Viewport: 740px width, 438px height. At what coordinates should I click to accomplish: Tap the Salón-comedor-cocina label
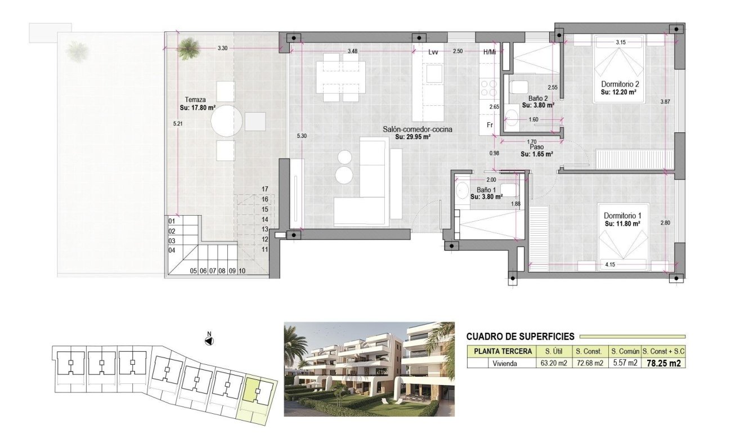tap(418, 129)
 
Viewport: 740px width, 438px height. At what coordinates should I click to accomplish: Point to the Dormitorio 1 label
tap(623, 216)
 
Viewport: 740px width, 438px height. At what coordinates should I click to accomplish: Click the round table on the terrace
tap(227, 121)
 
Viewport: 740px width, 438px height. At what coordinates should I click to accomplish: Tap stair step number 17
tap(265, 189)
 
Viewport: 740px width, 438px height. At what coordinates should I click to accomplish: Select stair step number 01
tap(172, 221)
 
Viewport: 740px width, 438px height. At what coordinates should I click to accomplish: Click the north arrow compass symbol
tap(210, 341)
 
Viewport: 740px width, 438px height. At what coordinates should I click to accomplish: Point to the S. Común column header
tap(625, 351)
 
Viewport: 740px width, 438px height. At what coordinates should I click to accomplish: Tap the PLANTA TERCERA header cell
tap(503, 351)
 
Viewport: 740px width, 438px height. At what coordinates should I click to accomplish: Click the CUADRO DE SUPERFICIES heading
tap(520, 337)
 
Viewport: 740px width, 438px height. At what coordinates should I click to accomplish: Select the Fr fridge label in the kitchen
tap(490, 125)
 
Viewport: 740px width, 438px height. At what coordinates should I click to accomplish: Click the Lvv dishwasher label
tap(433, 52)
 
